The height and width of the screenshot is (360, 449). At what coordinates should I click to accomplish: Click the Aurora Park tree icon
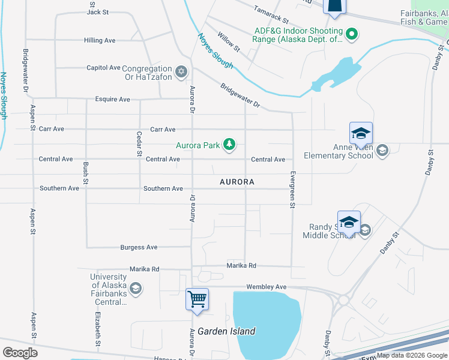[229, 145]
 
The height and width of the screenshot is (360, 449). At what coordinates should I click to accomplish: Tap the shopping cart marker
[197, 298]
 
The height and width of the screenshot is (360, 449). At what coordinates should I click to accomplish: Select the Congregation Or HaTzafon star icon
[182, 73]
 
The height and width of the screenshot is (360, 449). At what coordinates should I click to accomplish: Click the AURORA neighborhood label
[237, 181]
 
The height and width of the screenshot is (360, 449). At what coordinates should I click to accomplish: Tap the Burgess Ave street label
[139, 247]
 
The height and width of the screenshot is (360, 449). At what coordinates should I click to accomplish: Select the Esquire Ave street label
[112, 99]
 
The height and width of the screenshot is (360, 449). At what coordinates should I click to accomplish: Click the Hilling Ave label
[100, 40]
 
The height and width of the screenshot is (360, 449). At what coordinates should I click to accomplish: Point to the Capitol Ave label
[103, 68]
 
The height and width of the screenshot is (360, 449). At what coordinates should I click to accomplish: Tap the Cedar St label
[139, 144]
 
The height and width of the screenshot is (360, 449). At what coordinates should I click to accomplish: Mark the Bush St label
[86, 173]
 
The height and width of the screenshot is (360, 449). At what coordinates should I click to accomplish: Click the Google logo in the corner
[19, 353]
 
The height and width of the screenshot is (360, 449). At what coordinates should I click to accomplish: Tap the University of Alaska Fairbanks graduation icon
[136, 289]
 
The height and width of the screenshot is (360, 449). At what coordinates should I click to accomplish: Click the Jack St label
[97, 11]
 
